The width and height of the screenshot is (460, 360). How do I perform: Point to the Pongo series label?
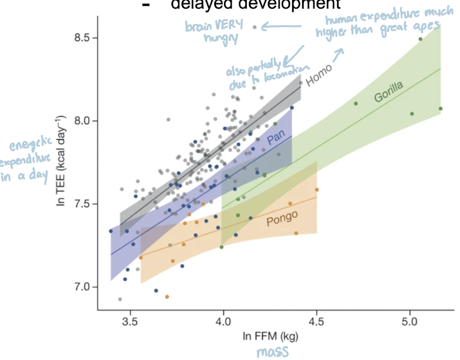[282, 218]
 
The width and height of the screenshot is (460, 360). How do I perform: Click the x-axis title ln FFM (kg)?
[269, 337]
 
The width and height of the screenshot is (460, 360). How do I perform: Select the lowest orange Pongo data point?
[167, 296]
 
